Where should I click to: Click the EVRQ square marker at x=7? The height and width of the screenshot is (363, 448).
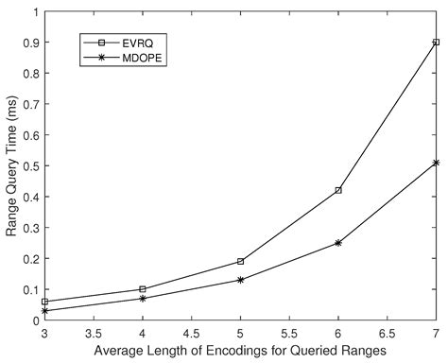tap(436, 43)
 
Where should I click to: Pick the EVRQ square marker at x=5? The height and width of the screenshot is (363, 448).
tap(240, 261)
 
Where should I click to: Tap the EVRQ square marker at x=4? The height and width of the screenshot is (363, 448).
tap(142, 289)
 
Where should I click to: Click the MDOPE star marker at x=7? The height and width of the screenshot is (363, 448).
tap(436, 163)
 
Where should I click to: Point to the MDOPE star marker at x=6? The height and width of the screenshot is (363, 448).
tap(338, 243)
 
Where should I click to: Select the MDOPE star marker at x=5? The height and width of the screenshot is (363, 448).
tap(240, 280)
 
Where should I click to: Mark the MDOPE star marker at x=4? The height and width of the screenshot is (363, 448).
tap(142, 299)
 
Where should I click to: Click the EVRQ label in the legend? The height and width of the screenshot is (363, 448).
tap(130, 43)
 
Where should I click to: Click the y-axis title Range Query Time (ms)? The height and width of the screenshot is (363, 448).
tap(12, 166)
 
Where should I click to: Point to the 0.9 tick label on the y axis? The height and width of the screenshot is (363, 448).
tap(27, 43)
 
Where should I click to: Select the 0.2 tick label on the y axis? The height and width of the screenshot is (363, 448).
tap(27, 259)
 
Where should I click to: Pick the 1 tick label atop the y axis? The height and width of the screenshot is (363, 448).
tap(33, 12)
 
